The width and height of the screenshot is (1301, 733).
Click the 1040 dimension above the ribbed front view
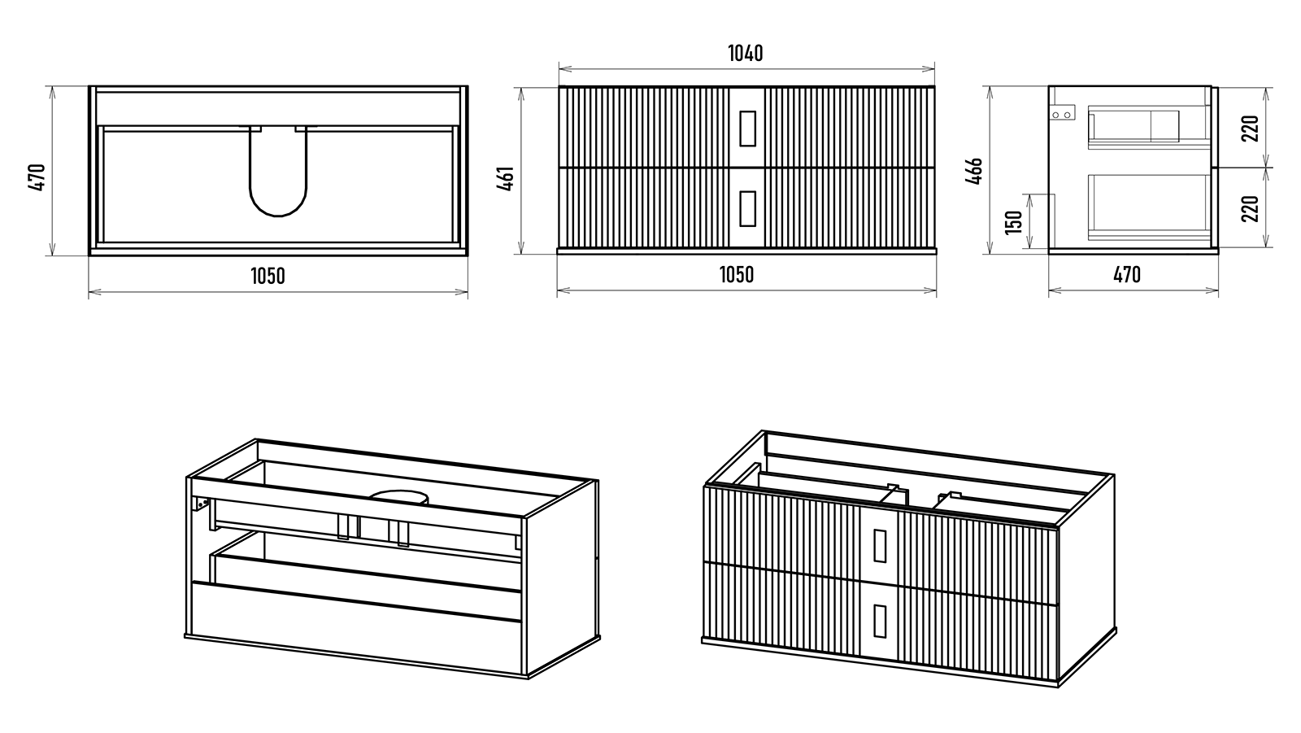pos(745,54)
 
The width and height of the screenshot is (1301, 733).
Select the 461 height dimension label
pos(505,178)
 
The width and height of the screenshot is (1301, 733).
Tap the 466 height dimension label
pos(975,170)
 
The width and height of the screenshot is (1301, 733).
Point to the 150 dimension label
pos(1013,221)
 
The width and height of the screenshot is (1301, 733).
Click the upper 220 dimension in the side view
pos(1251,128)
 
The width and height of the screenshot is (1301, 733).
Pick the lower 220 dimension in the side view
pos(1251,208)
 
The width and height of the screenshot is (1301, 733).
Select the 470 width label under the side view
pos(1126,275)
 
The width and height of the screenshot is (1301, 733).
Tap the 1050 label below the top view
pos(268,276)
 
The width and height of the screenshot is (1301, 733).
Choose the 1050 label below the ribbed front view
pos(736,275)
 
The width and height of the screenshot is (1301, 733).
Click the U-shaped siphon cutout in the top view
pos(278,175)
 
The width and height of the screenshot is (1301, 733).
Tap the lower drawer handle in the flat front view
pos(747,207)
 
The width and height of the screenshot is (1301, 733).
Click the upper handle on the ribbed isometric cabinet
pos(880,545)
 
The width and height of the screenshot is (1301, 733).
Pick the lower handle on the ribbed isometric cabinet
pos(879,621)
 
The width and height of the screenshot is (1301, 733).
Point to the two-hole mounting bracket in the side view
pos(1062,115)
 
